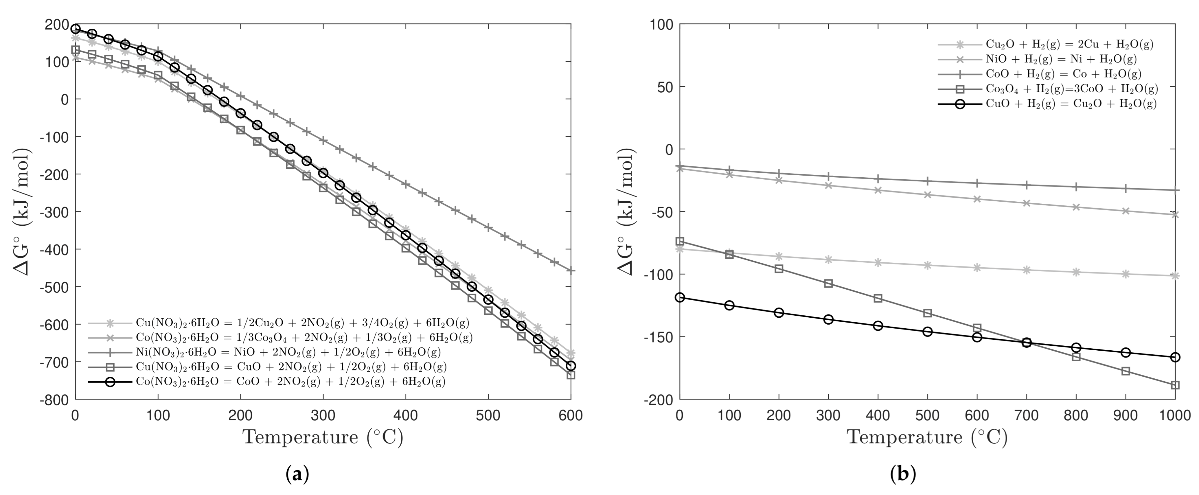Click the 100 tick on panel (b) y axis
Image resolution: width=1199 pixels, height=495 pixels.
[x=660, y=24]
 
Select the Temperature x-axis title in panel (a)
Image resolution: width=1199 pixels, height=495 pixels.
[x=323, y=437]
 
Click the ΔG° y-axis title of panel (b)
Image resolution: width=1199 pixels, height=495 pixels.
[x=626, y=212]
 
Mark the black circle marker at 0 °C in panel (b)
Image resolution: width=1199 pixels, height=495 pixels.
[x=680, y=297]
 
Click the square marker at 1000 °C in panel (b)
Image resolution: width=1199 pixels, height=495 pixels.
[x=1175, y=385]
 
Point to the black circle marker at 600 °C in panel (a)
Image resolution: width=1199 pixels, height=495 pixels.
[x=571, y=366]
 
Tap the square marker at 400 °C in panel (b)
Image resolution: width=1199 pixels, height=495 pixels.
[x=878, y=298]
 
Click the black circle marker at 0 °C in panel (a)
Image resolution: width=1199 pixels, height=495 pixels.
[x=76, y=29]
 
